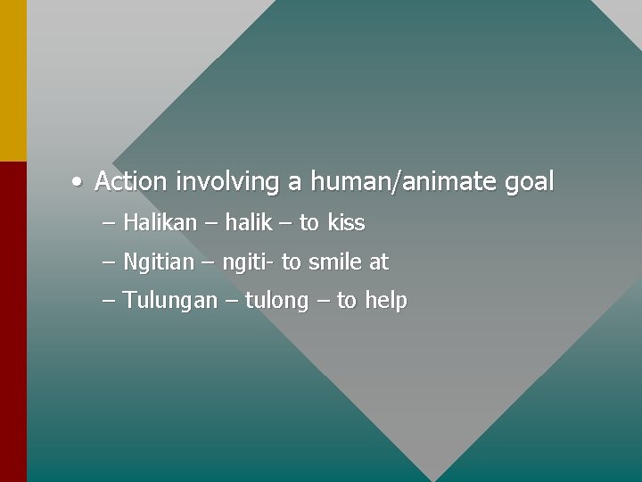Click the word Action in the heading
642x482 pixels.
(x=130, y=182)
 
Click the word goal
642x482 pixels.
(x=529, y=183)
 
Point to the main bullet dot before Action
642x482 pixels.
(x=78, y=183)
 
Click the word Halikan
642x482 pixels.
(x=160, y=222)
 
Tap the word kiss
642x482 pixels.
(x=346, y=222)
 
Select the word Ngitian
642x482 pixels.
(x=158, y=262)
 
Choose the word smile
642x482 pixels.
(x=335, y=262)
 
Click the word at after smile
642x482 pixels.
(x=379, y=262)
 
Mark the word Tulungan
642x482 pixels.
(x=169, y=301)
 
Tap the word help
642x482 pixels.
(x=385, y=301)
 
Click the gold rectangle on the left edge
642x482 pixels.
(x=12, y=80)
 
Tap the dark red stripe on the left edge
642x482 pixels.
(x=12, y=321)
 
